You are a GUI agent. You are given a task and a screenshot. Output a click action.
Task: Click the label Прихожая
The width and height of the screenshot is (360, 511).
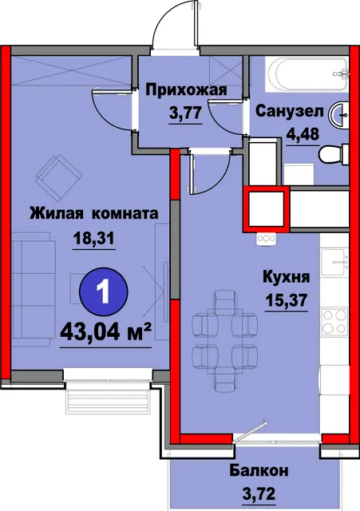tap(186, 90)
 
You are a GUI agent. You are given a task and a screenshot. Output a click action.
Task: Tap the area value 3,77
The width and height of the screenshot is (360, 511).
tap(184, 113)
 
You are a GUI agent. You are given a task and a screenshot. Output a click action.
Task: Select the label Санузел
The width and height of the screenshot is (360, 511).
tap(290, 112)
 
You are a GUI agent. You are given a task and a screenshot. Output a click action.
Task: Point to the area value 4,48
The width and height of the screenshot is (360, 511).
tap(303, 133)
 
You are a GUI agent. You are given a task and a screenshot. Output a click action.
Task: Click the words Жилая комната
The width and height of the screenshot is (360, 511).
tap(94, 214)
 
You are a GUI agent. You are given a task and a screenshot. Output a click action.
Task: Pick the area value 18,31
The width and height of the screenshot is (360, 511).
tap(94, 239)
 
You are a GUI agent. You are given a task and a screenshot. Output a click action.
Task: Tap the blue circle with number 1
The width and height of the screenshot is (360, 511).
tap(105, 291)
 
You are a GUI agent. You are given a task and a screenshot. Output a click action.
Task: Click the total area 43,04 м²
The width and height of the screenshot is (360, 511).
tap(106, 333)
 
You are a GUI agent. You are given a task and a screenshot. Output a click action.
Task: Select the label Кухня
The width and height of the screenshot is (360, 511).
tap(286, 279)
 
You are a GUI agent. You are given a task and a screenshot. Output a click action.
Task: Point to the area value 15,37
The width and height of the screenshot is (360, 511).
tap(286, 300)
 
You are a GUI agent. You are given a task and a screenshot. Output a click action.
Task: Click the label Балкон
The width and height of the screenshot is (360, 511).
tap(259, 471)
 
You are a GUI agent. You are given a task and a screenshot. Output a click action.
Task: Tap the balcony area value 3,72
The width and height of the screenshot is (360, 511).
tap(259, 493)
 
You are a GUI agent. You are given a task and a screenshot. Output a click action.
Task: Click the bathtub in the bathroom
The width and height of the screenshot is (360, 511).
tap(307, 74)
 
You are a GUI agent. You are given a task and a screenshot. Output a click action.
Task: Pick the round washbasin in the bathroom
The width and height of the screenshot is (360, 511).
tap(338, 114)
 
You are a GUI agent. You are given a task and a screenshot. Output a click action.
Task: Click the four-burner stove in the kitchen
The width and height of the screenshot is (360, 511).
tap(334, 321)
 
